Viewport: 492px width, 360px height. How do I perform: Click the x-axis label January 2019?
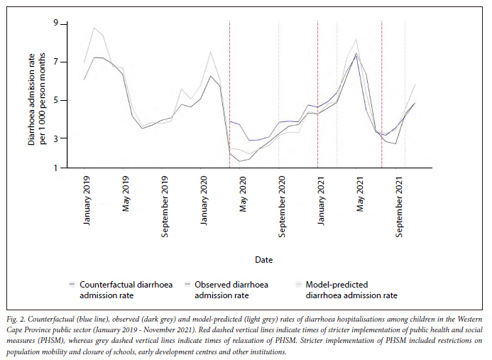[87, 200]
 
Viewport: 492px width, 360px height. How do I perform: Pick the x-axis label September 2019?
[165, 205]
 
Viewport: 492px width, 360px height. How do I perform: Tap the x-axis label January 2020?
[204, 200]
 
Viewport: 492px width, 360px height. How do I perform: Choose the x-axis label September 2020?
[283, 205]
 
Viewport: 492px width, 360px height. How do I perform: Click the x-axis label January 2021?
[322, 200]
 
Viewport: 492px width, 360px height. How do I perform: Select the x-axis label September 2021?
[400, 205]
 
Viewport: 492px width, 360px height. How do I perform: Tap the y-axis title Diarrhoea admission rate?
[36, 96]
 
